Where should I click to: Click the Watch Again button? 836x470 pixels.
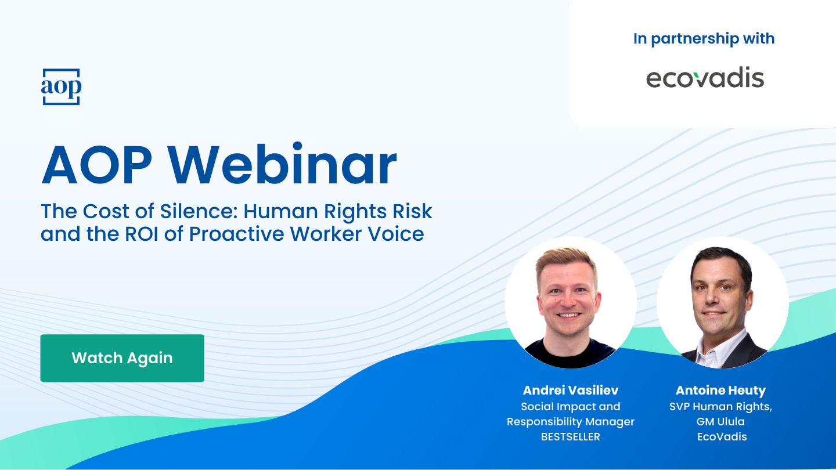(x=122, y=358)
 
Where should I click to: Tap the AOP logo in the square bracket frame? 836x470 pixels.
(x=61, y=87)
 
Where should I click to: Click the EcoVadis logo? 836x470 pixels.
(x=705, y=78)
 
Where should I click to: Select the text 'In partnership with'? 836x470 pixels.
(x=704, y=39)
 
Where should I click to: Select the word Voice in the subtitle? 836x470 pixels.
(x=398, y=233)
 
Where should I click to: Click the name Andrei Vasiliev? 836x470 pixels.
(x=570, y=390)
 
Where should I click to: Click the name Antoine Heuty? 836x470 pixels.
(x=720, y=390)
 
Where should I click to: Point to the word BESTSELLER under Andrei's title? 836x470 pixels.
(x=570, y=437)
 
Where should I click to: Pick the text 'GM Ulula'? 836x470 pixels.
(x=720, y=422)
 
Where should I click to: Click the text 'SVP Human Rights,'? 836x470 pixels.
(x=720, y=406)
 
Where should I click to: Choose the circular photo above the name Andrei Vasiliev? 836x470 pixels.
(x=570, y=302)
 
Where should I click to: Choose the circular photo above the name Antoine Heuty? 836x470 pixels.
(x=722, y=302)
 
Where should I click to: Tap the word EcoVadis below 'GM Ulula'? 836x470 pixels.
(x=722, y=437)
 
